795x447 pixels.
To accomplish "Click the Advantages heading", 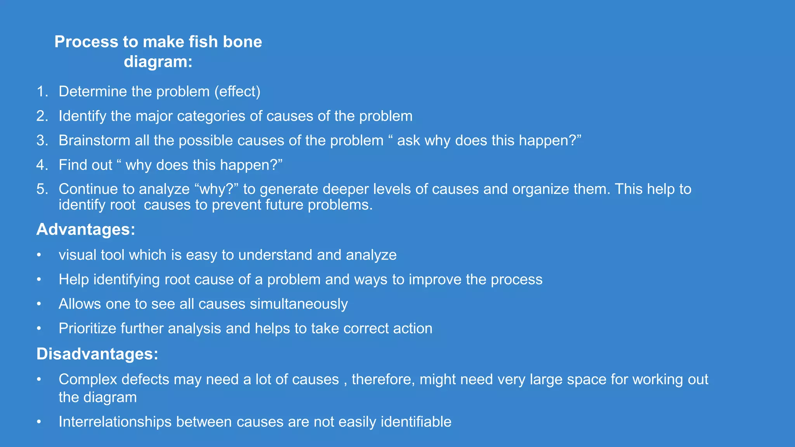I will tap(86, 229).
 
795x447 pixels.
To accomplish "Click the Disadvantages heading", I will tap(97, 354).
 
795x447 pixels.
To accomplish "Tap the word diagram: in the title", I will tap(158, 62).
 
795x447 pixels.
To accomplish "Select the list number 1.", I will tap(42, 92).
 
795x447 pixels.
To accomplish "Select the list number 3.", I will tap(42, 140).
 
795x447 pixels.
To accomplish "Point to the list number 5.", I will tap(42, 189).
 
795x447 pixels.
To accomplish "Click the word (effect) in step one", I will tap(237, 92).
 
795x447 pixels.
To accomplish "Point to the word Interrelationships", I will tap(115, 422).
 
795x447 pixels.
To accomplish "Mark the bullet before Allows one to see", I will tap(39, 304).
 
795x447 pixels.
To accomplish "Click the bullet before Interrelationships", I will tap(39, 422).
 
